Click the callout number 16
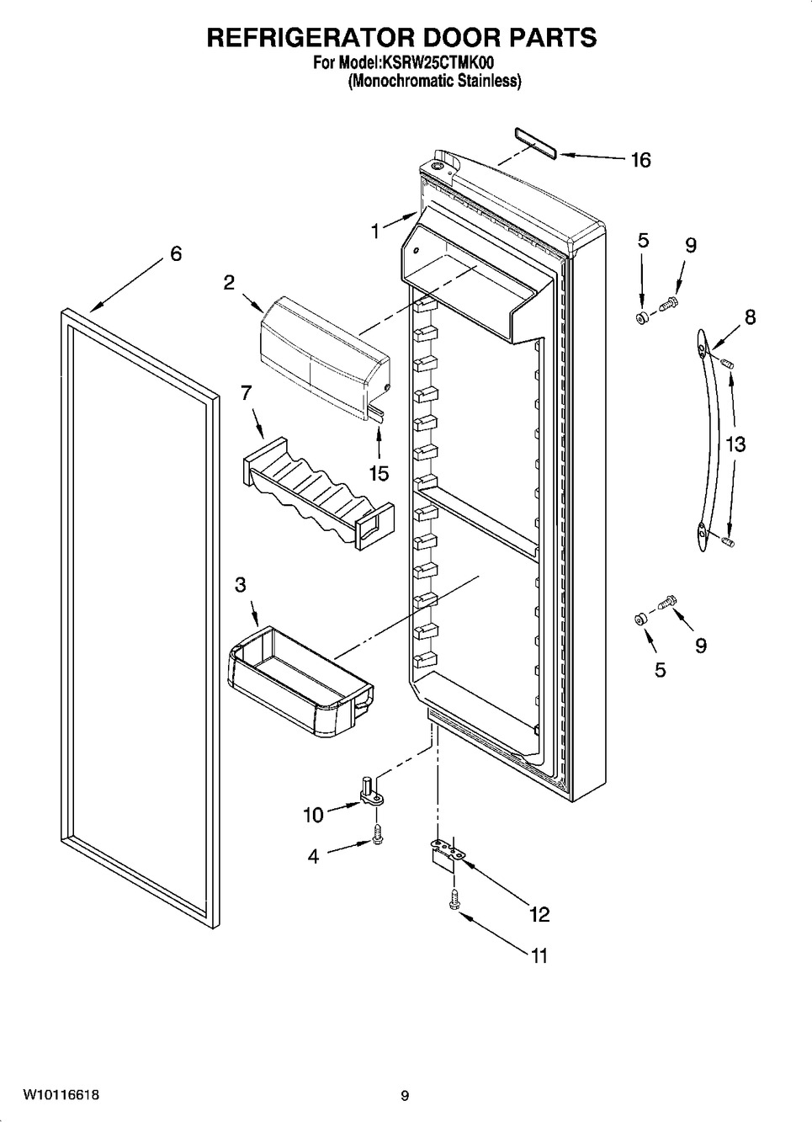pos(640,160)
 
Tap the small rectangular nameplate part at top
pos(533,143)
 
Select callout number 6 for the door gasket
pos(176,253)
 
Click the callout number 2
pos(229,283)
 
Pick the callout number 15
pos(379,474)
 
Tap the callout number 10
pos(313,814)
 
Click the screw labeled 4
pos(377,836)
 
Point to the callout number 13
pos(735,444)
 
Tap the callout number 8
pos(749,317)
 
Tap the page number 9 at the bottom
pos(405,1096)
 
